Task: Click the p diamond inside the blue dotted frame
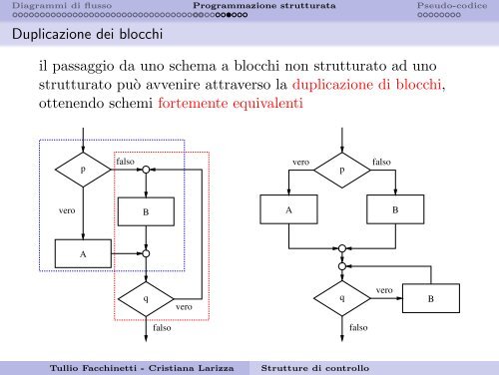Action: tap(83, 170)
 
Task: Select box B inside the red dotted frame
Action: tap(146, 212)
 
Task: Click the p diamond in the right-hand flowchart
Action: tap(341, 170)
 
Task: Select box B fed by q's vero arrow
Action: tap(430, 298)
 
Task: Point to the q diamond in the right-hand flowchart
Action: tap(341, 298)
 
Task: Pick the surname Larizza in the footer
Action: tap(210, 367)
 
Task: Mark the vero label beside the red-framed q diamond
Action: tap(185, 309)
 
